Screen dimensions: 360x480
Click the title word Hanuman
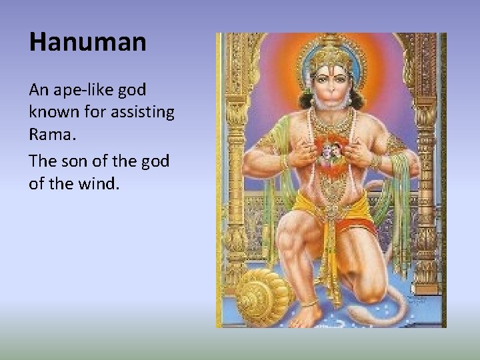(87, 43)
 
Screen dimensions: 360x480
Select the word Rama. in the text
(53, 134)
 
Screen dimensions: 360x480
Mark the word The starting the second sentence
(43, 161)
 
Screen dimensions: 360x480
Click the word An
(38, 89)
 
